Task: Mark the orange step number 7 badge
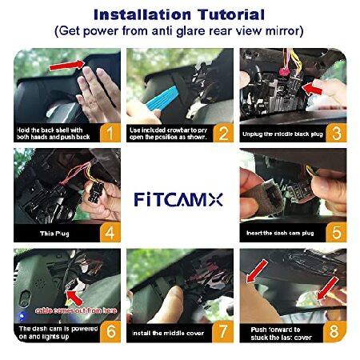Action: coord(223,329)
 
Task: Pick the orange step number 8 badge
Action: coord(336,329)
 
